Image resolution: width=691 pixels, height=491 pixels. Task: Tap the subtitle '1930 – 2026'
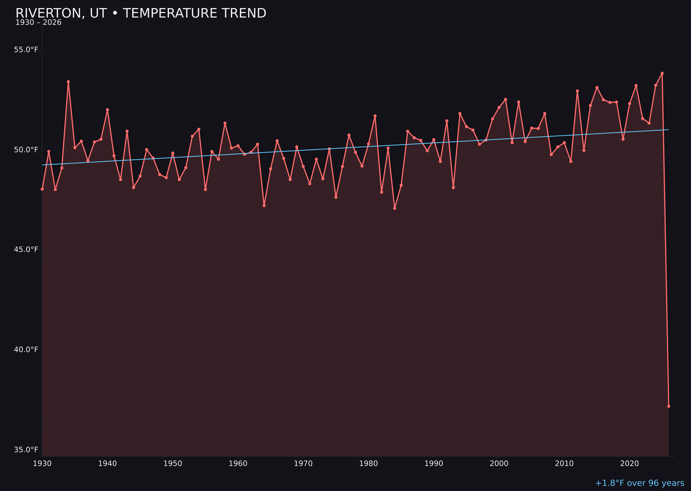(x=38, y=23)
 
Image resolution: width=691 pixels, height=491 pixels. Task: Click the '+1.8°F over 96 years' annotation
(x=639, y=483)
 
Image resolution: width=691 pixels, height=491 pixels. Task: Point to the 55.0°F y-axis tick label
(x=26, y=50)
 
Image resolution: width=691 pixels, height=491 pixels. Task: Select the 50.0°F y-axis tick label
(x=26, y=150)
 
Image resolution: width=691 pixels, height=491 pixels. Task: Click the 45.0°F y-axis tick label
(x=26, y=249)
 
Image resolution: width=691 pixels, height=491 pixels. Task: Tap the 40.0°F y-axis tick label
(x=26, y=349)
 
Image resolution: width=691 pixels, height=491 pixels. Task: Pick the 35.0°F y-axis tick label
(x=26, y=450)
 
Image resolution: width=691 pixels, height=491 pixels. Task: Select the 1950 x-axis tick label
(x=173, y=464)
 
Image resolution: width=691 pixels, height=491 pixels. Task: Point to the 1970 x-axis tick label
(x=303, y=464)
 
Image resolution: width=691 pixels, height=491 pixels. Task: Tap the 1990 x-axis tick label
(x=434, y=464)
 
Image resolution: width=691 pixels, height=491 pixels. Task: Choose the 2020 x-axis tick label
(x=629, y=464)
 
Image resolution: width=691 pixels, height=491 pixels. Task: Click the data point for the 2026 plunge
(x=669, y=406)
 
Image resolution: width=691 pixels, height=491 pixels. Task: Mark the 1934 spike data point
(x=68, y=82)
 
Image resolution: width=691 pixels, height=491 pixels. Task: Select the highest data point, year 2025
(x=662, y=73)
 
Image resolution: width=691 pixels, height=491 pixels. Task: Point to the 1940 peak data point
(x=107, y=110)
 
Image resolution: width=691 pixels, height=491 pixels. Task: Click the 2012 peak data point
(x=577, y=91)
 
